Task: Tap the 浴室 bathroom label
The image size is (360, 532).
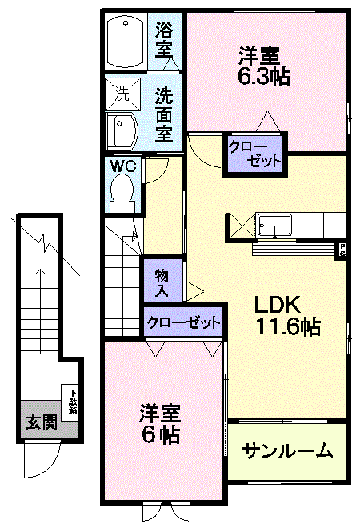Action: pos(165,39)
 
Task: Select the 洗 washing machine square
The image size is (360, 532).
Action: pos(122,93)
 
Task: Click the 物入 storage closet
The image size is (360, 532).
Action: pos(161,282)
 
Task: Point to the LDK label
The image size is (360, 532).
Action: pos(278,305)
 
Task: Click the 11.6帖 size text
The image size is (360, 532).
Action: pos(288,326)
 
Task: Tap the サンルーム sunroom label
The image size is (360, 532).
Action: pos(287,451)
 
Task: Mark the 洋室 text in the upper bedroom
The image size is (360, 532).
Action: pos(259,56)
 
